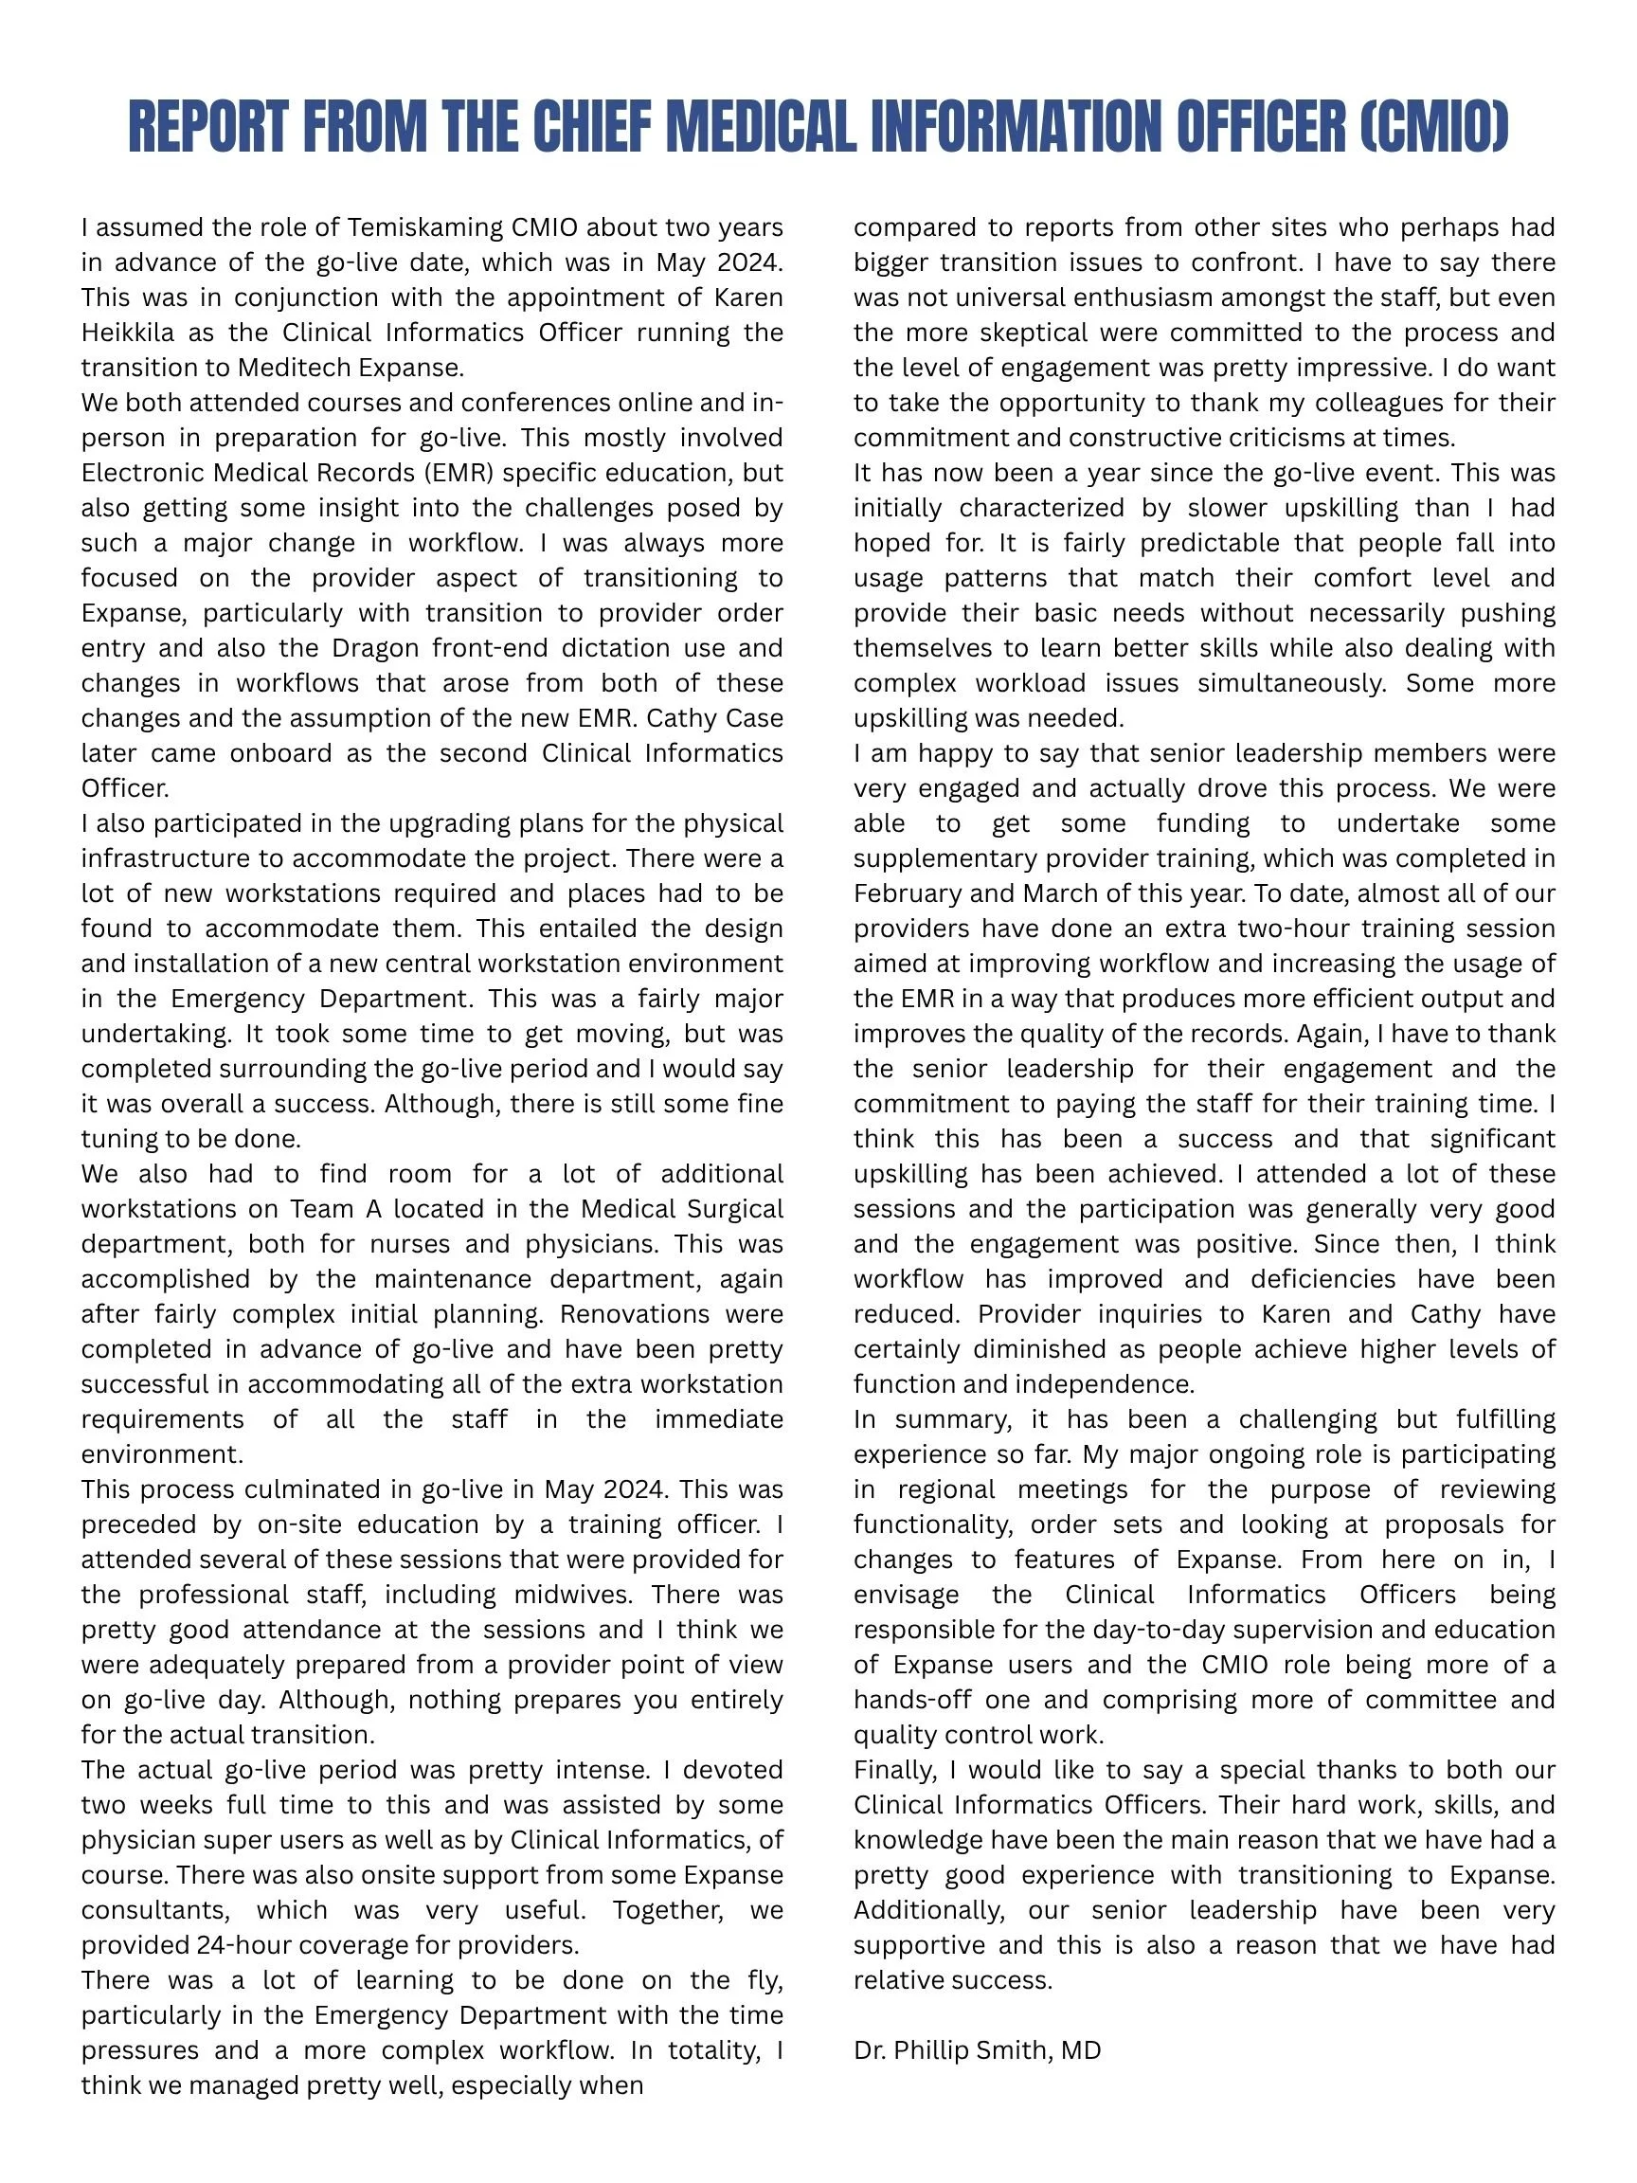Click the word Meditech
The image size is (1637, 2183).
[294, 369]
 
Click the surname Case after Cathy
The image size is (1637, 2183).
[754, 718]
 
